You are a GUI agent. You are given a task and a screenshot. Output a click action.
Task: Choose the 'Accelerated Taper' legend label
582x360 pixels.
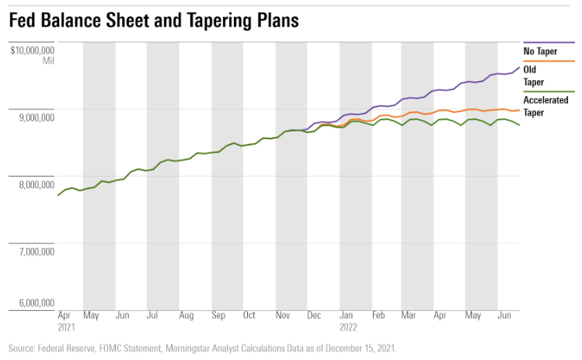[545, 106]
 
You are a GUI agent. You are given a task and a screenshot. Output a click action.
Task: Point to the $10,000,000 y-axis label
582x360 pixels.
[32, 51]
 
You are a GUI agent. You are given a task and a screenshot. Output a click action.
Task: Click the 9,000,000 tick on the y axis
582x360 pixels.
[34, 117]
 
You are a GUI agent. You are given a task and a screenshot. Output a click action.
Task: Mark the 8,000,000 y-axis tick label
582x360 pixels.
[34, 184]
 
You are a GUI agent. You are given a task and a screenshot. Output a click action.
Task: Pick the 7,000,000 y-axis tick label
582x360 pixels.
[34, 251]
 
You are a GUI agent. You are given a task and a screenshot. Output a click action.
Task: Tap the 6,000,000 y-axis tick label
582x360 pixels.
[34, 303]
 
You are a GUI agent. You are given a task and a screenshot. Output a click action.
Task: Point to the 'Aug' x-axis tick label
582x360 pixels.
[186, 316]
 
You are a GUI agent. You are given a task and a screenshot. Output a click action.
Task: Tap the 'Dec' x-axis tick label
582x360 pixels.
[313, 316]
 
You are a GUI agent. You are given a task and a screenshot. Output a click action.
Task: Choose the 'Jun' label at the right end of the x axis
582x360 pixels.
[504, 316]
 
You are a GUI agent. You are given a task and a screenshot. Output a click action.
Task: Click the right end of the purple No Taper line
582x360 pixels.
[519, 68]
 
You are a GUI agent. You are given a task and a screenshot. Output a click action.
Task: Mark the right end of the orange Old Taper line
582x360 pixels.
[519, 110]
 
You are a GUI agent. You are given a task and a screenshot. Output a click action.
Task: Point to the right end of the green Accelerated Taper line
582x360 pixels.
[519, 125]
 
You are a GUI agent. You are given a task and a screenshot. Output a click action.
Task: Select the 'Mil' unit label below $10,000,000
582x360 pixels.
[47, 61]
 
